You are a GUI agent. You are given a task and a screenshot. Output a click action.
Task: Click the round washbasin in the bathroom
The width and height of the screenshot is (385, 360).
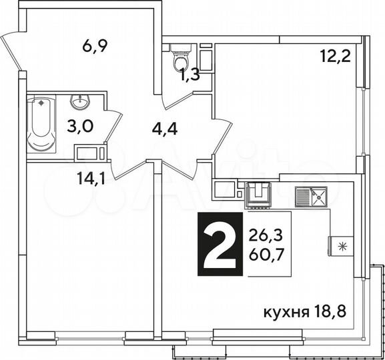click(80, 103)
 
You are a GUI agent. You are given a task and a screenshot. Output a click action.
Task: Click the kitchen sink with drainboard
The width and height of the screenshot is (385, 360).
click(311, 196)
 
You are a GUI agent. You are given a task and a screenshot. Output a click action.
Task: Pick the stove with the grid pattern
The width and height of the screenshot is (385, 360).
click(258, 194)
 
